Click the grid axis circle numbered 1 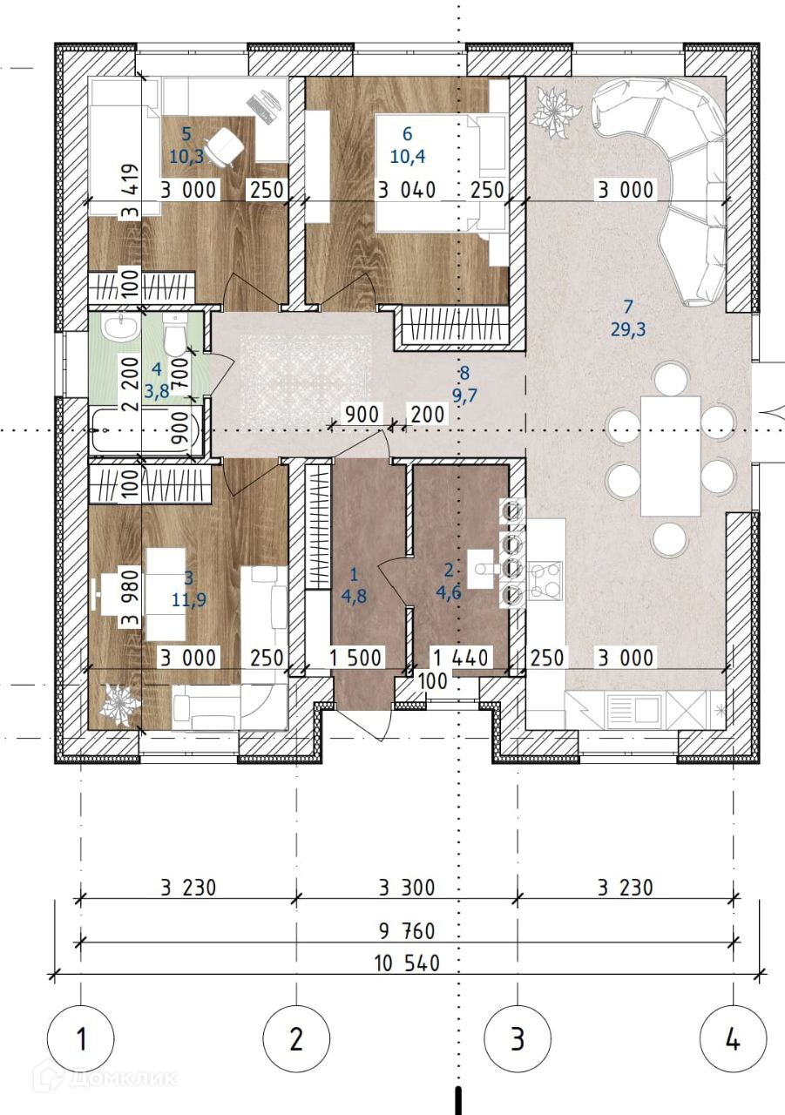[81, 1039]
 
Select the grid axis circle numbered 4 [734, 1039]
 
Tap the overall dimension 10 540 [408, 963]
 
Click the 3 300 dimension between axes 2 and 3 [407, 888]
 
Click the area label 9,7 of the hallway [464, 395]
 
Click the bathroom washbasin [119, 328]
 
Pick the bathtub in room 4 [145, 431]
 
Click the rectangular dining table [671, 456]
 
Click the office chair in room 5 [225, 145]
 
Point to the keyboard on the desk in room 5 [260, 109]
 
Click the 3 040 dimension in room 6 [407, 190]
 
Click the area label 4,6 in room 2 [449, 592]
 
